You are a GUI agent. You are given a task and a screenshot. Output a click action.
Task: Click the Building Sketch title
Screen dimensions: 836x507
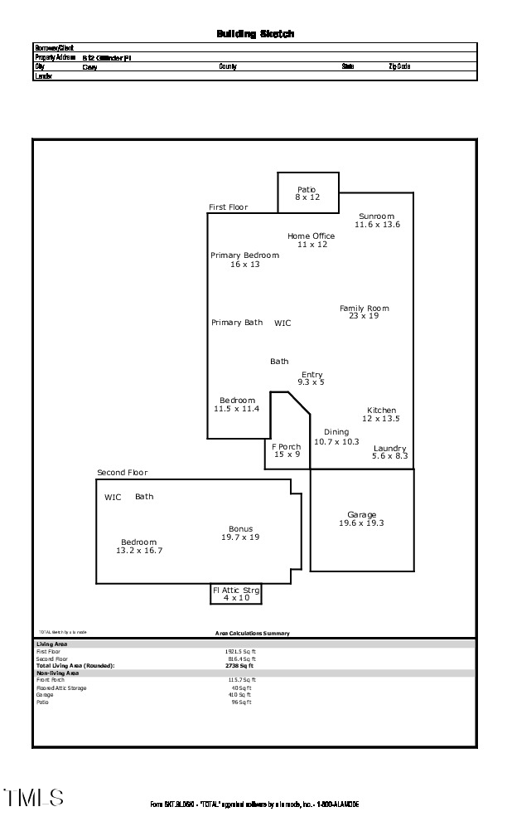(255, 34)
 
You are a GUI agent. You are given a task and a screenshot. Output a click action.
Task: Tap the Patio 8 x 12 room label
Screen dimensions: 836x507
(307, 194)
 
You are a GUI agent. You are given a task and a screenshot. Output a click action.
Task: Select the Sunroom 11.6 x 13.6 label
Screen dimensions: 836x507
(377, 221)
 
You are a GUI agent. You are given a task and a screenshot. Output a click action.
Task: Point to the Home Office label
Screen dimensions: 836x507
(311, 241)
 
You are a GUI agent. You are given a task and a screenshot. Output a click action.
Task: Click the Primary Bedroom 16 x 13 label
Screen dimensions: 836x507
(244, 260)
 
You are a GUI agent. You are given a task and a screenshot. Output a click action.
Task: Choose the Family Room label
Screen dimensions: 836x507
(364, 312)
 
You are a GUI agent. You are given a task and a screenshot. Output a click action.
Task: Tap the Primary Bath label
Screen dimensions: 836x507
(237, 323)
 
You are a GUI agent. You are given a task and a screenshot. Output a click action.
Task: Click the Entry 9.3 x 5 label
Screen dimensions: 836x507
(311, 378)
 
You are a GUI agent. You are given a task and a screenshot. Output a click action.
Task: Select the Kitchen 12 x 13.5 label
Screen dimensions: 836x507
(381, 415)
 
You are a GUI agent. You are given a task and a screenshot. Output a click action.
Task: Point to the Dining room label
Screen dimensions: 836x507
(336, 437)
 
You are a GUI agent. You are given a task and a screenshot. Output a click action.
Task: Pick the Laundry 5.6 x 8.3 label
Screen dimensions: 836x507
(390, 452)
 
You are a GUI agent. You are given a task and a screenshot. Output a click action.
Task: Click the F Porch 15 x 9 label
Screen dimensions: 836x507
(287, 450)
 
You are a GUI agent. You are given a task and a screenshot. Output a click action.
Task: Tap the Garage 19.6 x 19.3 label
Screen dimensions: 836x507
(362, 519)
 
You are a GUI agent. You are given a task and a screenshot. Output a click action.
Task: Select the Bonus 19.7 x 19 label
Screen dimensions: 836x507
(241, 532)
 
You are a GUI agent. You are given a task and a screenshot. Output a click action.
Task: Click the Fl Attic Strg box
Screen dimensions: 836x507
(236, 594)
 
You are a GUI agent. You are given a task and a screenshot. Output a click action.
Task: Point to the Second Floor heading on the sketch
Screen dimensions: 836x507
(122, 473)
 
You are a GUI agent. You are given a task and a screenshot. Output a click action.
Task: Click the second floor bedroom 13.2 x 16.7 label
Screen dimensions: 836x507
(138, 546)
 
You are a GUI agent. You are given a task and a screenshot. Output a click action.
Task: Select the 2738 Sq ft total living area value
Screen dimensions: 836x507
(240, 665)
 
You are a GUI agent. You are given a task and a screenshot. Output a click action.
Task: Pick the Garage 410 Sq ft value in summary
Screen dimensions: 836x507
(241, 695)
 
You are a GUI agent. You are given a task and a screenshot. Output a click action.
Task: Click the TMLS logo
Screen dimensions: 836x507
(33, 798)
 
